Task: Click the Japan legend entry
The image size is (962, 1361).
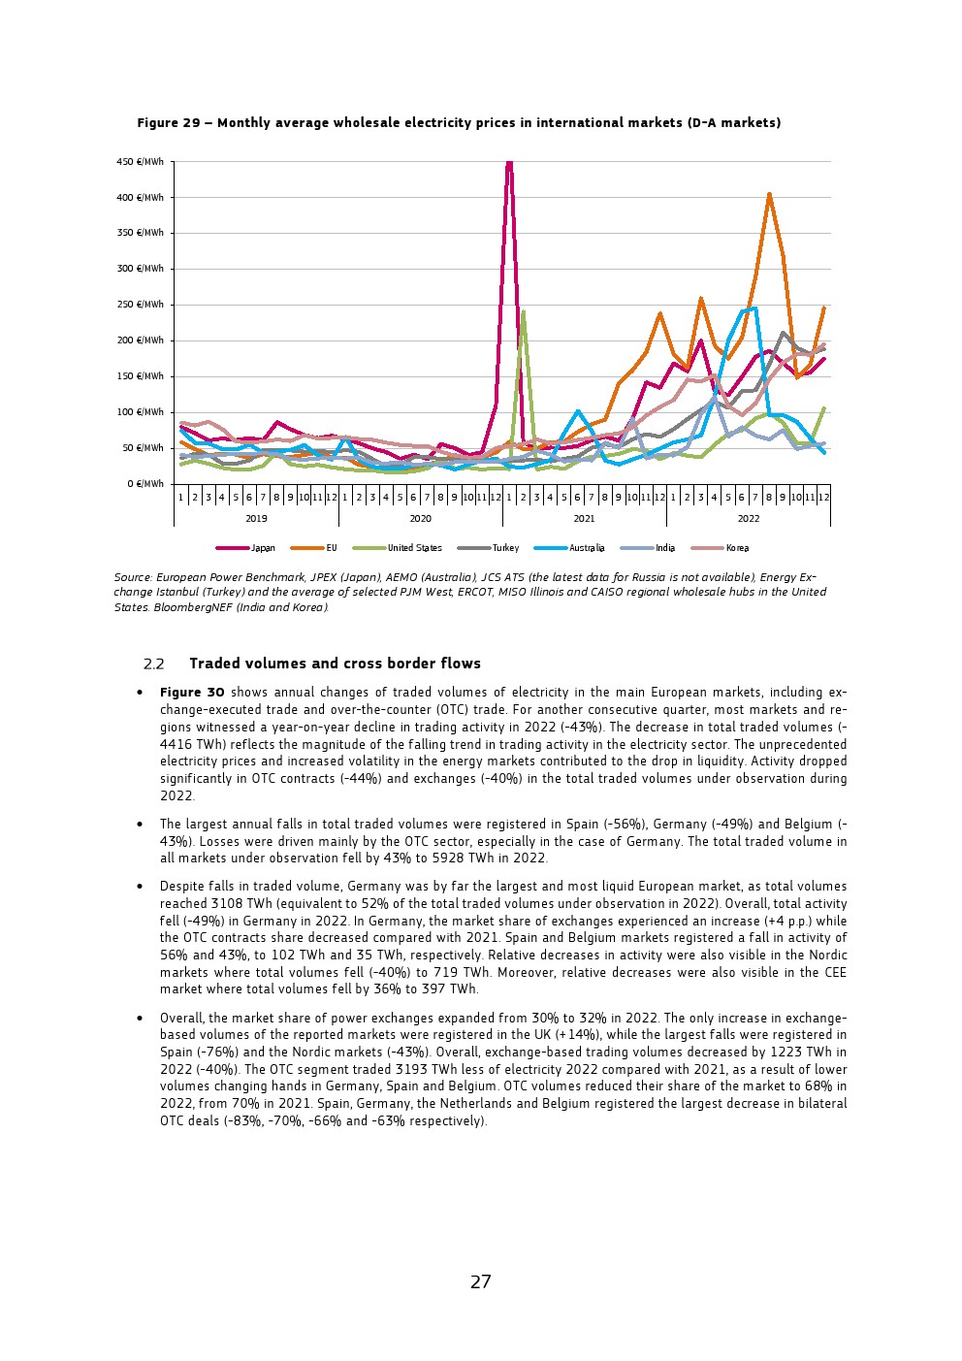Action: click(262, 548)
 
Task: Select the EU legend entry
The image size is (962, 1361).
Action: click(331, 548)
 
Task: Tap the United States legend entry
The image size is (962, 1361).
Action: click(414, 548)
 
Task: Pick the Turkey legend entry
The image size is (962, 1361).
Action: click(505, 548)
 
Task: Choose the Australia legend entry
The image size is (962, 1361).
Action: click(587, 548)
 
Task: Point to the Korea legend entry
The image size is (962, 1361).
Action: click(737, 548)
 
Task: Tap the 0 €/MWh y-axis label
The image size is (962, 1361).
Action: click(144, 483)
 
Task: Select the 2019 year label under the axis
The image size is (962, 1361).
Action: click(256, 519)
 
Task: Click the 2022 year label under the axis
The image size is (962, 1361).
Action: click(748, 519)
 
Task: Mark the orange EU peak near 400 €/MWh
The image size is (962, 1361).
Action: click(769, 194)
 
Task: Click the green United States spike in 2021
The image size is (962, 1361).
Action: click(523, 312)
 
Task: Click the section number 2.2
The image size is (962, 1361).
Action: click(153, 664)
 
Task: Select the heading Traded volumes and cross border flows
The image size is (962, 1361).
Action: click(335, 664)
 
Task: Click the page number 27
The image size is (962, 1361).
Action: click(481, 1281)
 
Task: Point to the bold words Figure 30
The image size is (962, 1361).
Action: click(192, 693)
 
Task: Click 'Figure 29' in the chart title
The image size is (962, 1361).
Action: click(169, 123)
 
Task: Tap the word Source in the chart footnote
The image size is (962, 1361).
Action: click(133, 577)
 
